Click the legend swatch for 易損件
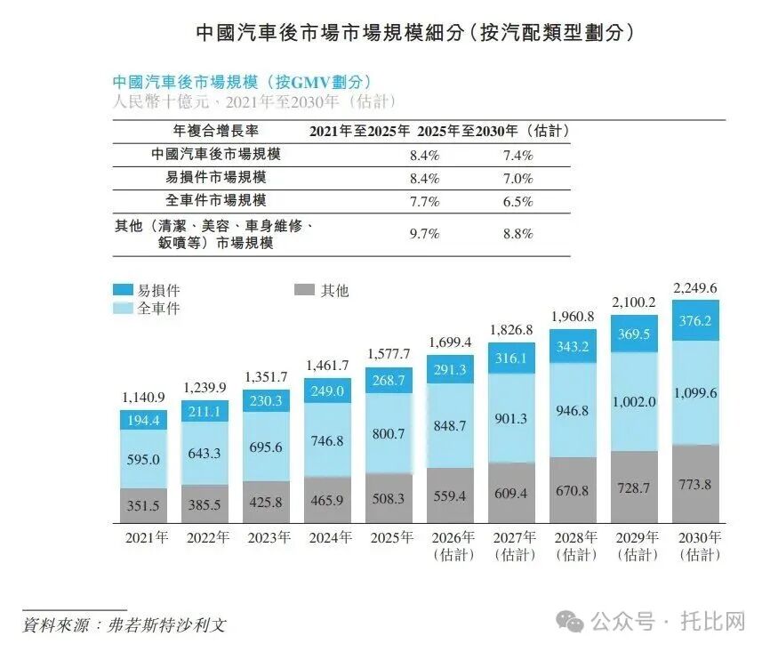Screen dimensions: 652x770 click(122, 290)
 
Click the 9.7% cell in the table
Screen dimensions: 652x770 click(424, 234)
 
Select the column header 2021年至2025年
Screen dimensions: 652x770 click(359, 132)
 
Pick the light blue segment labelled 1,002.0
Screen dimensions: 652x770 click(634, 401)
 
